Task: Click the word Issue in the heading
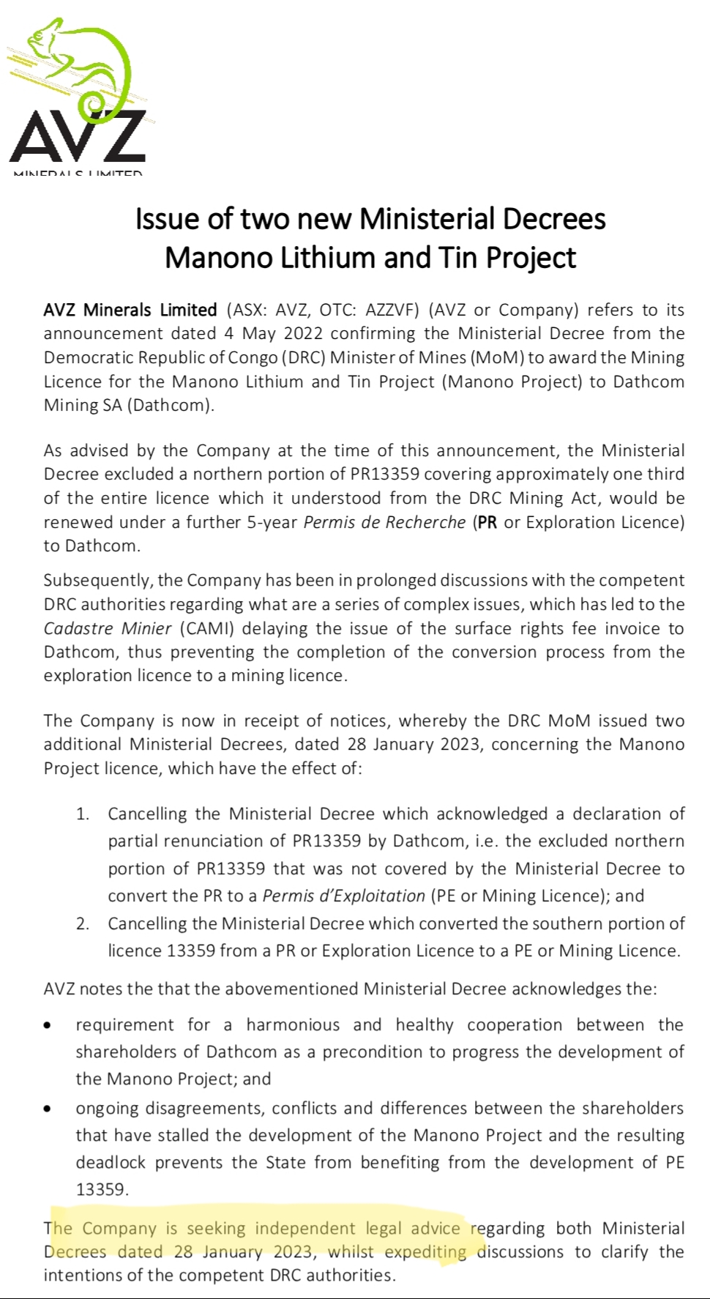click(162, 219)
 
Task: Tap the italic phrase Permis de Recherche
click(384, 522)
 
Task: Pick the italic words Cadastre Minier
click(107, 629)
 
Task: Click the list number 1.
click(82, 814)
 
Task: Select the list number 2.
click(82, 924)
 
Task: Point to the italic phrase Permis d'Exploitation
click(343, 896)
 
